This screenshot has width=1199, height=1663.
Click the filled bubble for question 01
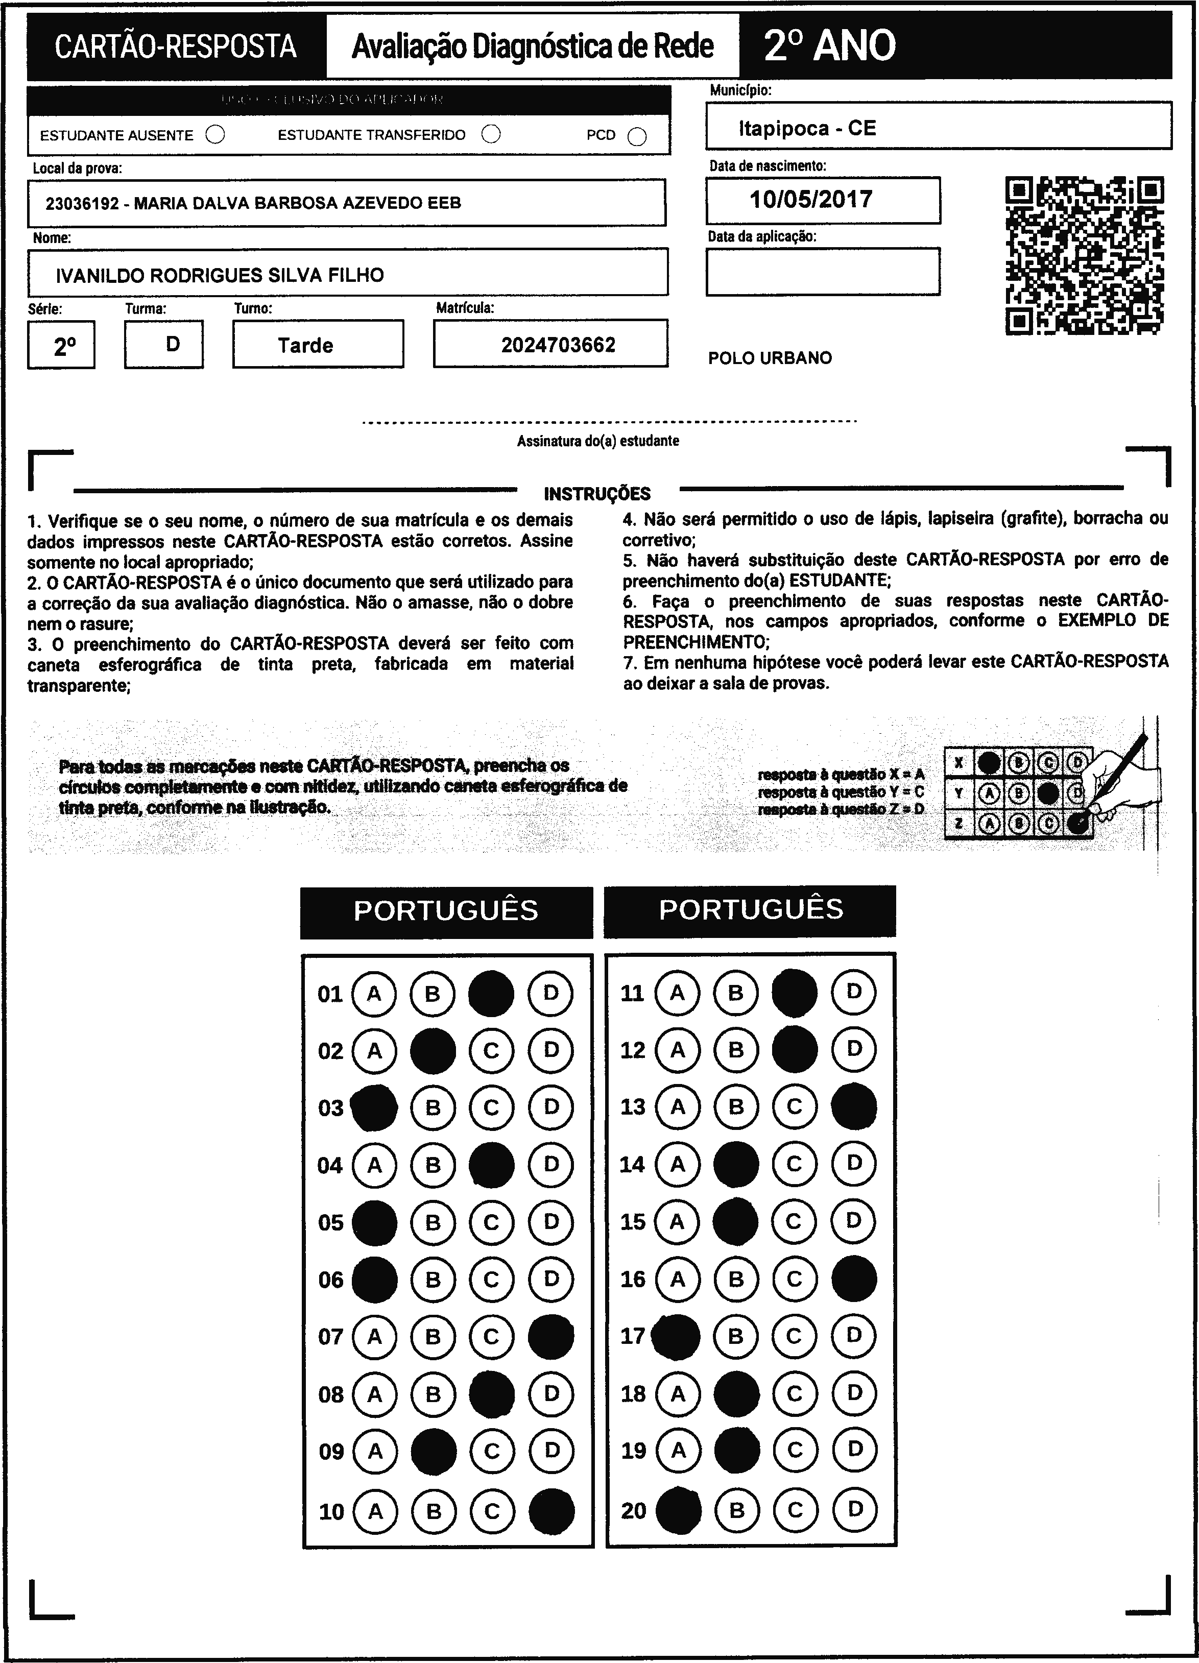coord(491,994)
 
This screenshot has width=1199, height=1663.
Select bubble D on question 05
coord(551,1222)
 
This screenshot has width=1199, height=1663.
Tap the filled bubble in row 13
coord(854,1106)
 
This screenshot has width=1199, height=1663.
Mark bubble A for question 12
coord(678,1050)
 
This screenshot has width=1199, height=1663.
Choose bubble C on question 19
coord(795,1450)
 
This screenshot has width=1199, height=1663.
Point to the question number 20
coord(634,1510)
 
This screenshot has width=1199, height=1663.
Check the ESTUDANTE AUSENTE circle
coord(215,135)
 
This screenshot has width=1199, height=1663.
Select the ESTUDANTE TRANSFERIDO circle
coord(491,134)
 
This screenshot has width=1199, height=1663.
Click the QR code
coord(1084,255)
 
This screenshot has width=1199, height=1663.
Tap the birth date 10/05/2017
coord(810,200)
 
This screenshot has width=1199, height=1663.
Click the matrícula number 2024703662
coord(558,345)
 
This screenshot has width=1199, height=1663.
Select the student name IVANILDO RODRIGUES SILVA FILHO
coord(220,276)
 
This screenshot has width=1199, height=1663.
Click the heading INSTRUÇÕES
coord(597,493)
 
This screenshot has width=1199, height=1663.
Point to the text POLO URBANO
coord(770,358)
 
